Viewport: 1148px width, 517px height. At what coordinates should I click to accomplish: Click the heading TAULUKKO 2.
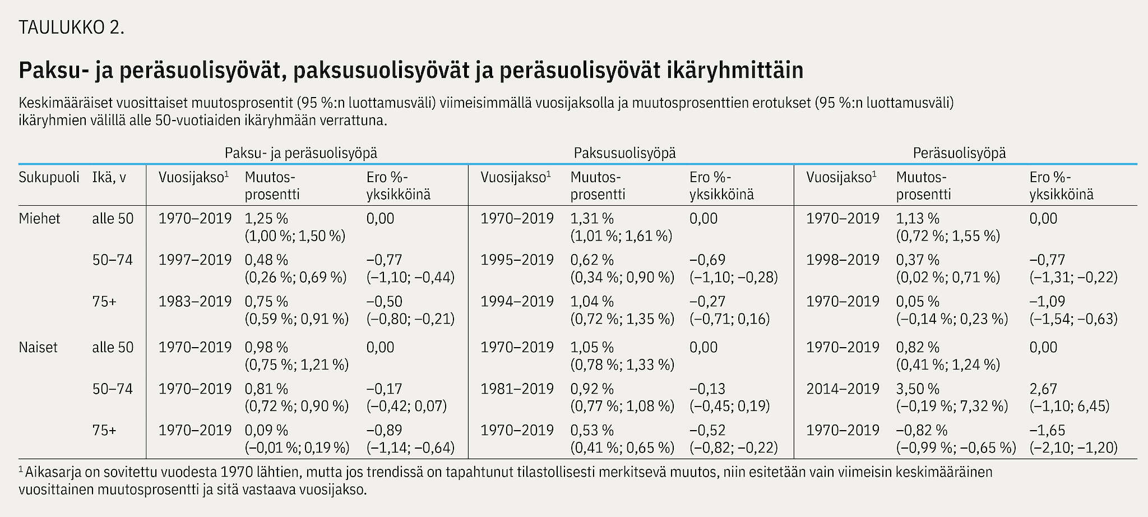[71, 27]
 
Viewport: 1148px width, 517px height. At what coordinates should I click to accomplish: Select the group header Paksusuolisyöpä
[624, 153]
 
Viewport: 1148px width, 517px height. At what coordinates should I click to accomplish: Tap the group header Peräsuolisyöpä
[959, 153]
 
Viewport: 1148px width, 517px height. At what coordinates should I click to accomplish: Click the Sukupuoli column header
[49, 178]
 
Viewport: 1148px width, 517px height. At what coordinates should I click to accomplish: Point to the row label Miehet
[39, 219]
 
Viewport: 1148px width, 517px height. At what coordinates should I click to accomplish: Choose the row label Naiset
[38, 348]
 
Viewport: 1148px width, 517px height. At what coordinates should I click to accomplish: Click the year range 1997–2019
[195, 260]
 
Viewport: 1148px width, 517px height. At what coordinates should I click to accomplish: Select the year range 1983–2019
[195, 302]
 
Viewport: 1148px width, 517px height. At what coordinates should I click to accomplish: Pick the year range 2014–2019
[843, 389]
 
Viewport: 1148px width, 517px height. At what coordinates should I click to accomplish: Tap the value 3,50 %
[918, 389]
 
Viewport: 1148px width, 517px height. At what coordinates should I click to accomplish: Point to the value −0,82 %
[922, 431]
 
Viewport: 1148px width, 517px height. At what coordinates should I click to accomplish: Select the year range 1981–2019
[517, 389]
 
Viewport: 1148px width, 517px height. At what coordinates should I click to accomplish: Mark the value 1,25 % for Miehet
[266, 219]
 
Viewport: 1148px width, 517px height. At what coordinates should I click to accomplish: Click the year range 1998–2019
[843, 260]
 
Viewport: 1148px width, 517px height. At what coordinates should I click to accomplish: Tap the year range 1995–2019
[517, 260]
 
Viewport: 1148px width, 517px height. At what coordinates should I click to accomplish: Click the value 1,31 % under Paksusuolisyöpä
[592, 219]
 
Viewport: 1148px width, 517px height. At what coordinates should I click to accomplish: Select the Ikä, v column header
[109, 178]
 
